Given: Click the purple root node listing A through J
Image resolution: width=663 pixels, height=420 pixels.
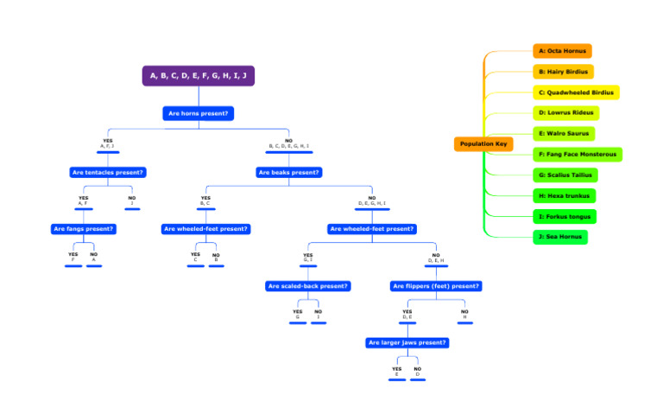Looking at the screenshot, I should (x=199, y=76).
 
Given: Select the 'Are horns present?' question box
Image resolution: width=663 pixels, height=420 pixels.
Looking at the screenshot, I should (x=199, y=113).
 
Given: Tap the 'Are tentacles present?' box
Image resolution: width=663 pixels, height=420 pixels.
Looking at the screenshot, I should (x=107, y=172).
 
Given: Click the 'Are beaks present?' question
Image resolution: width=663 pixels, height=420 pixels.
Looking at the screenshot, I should (x=289, y=172).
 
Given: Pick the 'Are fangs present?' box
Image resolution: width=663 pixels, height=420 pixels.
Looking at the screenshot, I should (x=84, y=229).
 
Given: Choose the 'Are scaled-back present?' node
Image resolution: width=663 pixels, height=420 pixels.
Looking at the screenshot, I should (x=308, y=286).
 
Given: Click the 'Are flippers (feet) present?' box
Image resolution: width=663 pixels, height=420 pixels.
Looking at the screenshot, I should (x=436, y=286).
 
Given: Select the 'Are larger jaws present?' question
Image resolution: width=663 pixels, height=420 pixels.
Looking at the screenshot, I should (x=407, y=343).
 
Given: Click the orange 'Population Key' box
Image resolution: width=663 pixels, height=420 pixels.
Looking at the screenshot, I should (x=483, y=144).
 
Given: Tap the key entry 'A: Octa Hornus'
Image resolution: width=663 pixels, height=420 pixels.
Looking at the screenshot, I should (x=562, y=51).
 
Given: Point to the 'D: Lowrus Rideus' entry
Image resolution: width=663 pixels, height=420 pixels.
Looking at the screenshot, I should (x=565, y=113).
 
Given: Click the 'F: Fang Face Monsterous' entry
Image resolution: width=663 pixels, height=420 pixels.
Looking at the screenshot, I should (x=578, y=155).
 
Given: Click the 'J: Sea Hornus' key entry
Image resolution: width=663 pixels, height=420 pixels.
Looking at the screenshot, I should (x=560, y=237).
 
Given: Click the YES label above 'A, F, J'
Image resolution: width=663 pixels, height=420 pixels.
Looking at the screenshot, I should (x=107, y=141).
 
